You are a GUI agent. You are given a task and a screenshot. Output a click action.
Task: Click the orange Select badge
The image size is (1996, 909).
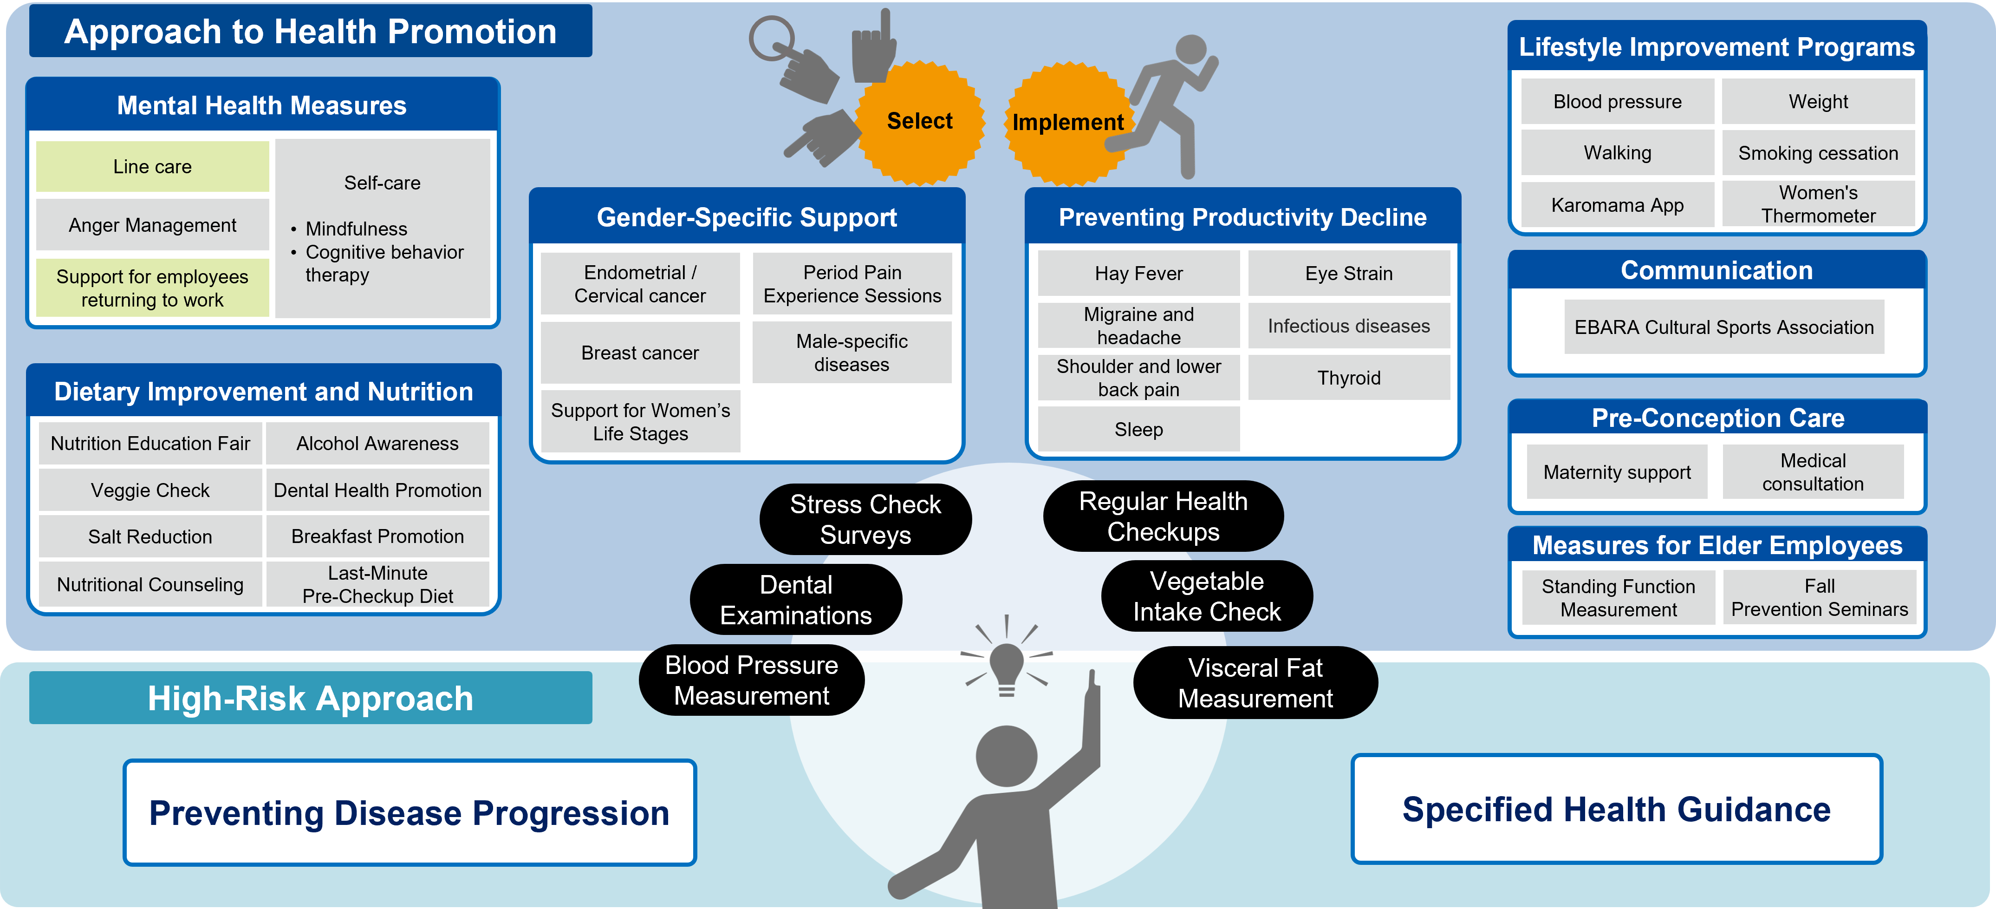pos(920,123)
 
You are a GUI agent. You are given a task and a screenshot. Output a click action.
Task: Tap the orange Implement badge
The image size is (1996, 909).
pos(1068,123)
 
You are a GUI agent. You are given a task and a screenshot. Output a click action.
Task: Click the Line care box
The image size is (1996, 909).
pos(153,167)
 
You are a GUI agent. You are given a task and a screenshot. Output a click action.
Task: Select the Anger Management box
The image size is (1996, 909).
pos(153,225)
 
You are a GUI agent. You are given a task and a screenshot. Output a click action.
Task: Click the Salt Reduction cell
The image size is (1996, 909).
pos(150,536)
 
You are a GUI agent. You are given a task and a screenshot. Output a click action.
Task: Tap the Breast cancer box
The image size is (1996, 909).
pos(640,353)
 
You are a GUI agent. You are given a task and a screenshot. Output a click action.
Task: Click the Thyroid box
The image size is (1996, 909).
pos(1348,377)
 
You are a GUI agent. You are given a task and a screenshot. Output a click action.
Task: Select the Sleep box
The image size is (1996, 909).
pos(1138,429)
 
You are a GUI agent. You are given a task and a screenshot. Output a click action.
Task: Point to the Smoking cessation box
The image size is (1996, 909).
pos(1818,153)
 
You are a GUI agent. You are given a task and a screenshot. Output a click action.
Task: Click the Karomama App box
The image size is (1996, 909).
pos(1617,204)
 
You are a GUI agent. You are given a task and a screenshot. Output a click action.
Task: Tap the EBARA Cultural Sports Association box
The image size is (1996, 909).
pos(1723,327)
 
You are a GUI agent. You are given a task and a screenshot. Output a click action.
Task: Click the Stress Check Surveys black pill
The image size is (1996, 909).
pos(865,519)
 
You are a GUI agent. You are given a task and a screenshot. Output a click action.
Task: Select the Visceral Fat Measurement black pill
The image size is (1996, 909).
pos(1255,683)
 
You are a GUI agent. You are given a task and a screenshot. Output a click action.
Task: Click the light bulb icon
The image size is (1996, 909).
pos(1007,667)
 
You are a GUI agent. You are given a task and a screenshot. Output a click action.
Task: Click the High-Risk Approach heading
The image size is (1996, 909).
pos(311,698)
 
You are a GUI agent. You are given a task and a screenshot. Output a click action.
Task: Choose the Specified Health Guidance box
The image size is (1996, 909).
pos(1616,809)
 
